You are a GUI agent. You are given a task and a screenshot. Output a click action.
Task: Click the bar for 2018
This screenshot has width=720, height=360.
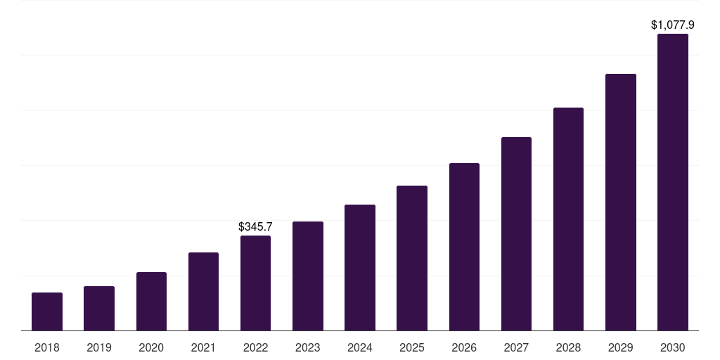click(x=47, y=311)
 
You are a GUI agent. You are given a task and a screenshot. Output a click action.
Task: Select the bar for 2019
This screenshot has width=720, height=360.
click(x=99, y=309)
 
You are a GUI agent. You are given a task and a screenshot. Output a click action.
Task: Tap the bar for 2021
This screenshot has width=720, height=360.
click(x=203, y=292)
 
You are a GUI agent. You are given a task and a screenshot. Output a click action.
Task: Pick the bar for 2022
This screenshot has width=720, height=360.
click(x=255, y=283)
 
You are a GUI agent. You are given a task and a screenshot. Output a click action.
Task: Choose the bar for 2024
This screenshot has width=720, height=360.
click(x=360, y=268)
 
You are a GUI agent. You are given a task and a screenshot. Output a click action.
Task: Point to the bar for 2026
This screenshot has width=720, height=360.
click(x=464, y=247)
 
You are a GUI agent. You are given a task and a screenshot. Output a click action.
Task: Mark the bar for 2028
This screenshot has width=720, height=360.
click(x=568, y=219)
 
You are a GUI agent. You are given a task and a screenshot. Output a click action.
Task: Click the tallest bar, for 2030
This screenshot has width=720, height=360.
click(x=673, y=182)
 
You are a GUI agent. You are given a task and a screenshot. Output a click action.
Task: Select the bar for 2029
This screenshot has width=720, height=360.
click(x=621, y=202)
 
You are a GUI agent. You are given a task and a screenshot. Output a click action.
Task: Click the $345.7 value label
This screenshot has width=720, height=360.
click(x=255, y=227)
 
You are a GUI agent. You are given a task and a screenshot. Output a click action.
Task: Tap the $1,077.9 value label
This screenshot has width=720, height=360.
click(x=673, y=25)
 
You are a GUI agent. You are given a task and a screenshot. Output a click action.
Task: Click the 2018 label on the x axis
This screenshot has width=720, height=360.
click(x=47, y=347)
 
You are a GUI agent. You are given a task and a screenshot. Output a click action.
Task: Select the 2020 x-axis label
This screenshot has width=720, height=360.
click(x=151, y=347)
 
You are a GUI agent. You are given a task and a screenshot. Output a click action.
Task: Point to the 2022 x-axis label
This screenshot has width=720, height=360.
click(x=255, y=347)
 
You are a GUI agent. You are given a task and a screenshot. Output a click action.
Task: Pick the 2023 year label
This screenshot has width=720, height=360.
click(x=308, y=347)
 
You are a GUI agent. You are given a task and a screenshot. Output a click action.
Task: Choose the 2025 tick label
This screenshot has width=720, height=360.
click(x=412, y=347)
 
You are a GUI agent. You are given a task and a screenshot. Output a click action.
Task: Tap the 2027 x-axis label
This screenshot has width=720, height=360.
click(x=516, y=347)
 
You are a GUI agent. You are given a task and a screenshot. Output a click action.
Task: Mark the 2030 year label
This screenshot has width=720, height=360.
click(x=673, y=347)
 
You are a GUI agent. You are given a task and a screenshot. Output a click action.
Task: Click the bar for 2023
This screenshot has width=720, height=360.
click(x=308, y=276)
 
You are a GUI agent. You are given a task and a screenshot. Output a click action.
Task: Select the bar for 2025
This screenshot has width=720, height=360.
click(x=412, y=258)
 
